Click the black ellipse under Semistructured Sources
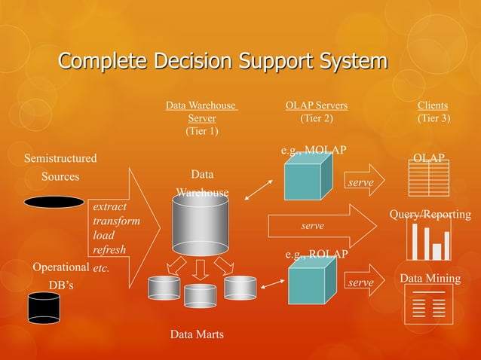[54, 202]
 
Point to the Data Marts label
[196, 334]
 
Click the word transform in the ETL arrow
[116, 221]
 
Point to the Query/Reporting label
[430, 215]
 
